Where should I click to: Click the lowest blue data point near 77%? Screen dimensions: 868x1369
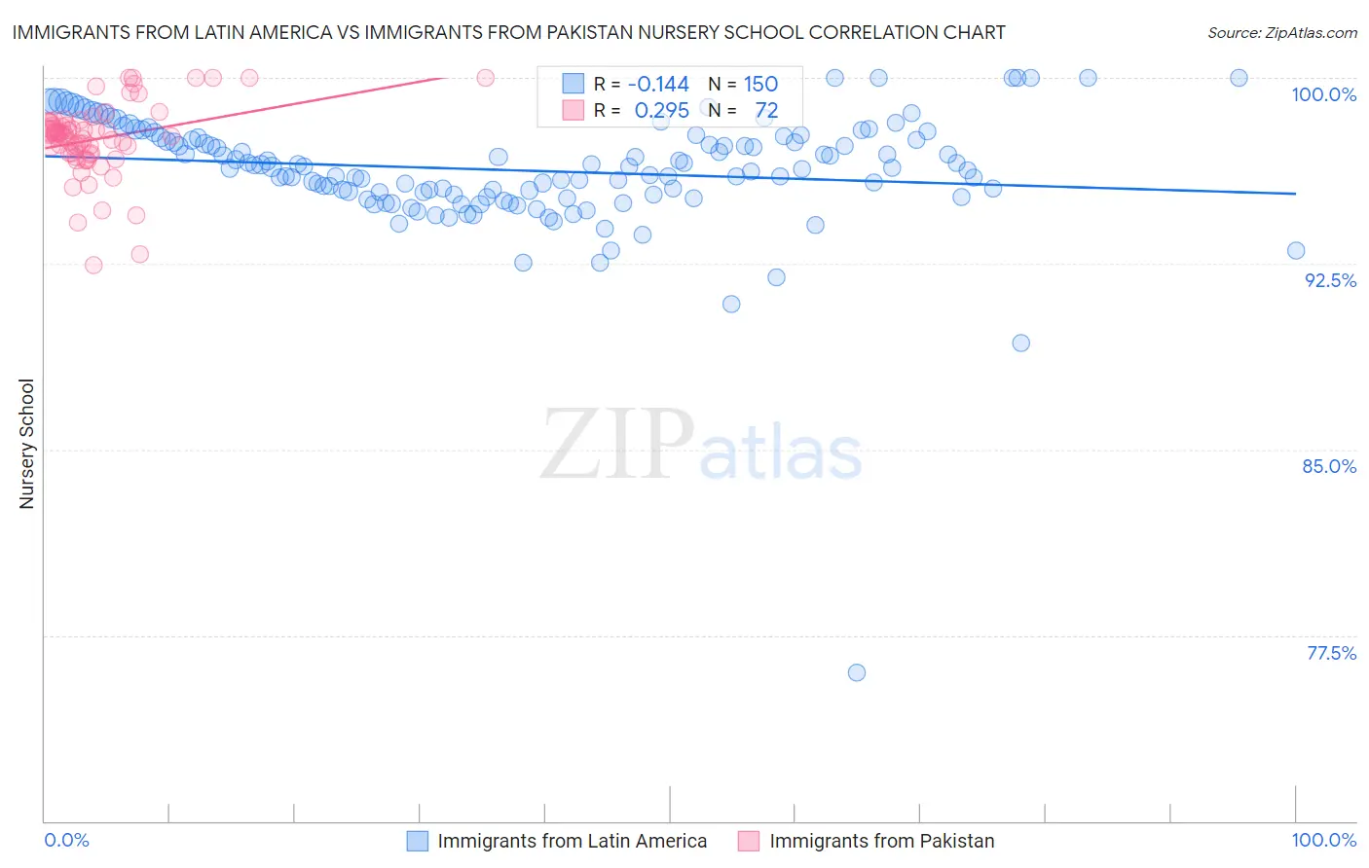(857, 672)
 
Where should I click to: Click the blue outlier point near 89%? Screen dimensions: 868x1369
(1020, 343)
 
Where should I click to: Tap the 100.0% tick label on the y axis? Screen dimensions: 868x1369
(1323, 94)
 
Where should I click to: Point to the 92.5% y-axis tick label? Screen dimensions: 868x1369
(1330, 280)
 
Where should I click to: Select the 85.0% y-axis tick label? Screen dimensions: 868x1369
(1329, 466)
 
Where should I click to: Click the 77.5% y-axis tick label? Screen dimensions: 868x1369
(1331, 653)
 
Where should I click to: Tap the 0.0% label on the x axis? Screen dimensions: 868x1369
(67, 840)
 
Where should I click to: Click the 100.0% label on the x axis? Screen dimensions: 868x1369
(1323, 840)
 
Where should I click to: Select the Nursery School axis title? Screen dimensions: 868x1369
(26, 444)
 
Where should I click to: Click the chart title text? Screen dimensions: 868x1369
(508, 32)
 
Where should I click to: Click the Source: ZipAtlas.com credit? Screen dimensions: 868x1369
(1281, 32)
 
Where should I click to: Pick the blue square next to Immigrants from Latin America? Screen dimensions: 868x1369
(418, 841)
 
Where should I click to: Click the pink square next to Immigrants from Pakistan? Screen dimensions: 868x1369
(749, 841)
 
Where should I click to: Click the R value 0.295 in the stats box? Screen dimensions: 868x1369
(661, 111)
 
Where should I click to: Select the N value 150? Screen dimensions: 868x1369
(760, 85)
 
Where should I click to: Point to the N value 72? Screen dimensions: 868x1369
(766, 111)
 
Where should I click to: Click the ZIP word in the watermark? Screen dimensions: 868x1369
(617, 445)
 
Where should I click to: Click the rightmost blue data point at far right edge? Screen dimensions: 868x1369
(1296, 251)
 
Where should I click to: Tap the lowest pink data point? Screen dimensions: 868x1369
(93, 266)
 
